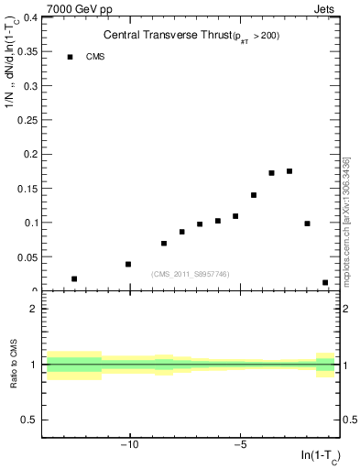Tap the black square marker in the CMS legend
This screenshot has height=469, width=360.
pyautogui.click(x=70, y=57)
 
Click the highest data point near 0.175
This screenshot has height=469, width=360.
pyautogui.click(x=289, y=171)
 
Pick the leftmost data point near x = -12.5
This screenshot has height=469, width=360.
pyautogui.click(x=74, y=278)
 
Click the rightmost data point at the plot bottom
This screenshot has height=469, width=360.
pyautogui.click(x=325, y=283)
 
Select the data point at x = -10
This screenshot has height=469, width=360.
pyautogui.click(x=128, y=264)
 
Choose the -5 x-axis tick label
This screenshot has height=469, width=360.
pyautogui.click(x=240, y=446)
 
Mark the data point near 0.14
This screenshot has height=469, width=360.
pyautogui.click(x=254, y=195)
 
